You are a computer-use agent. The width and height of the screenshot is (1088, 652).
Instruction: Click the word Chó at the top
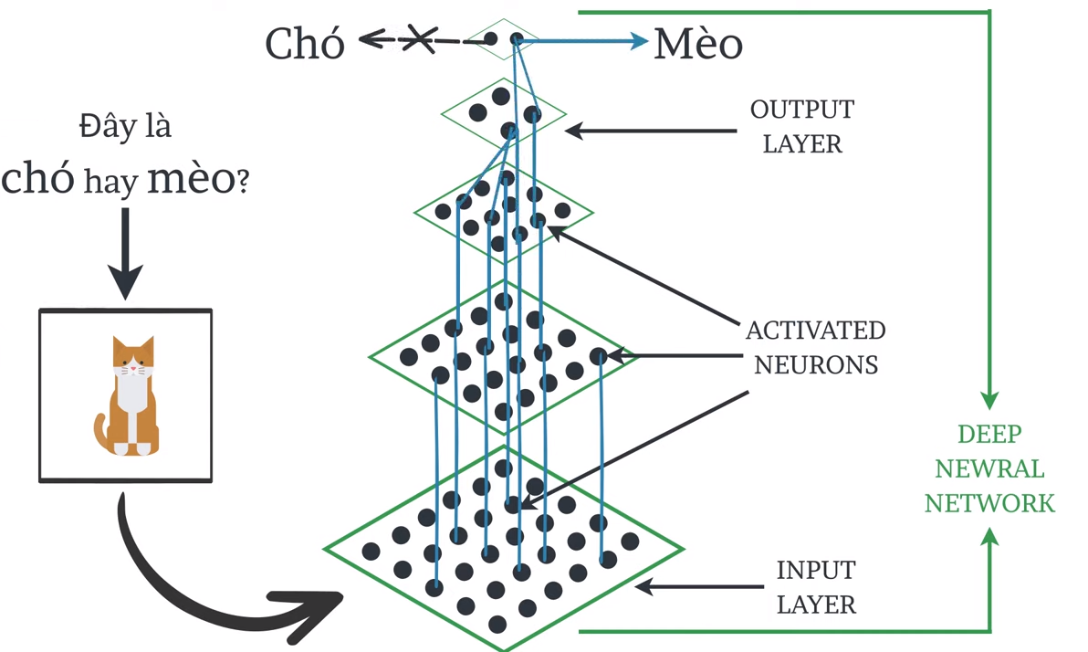click(x=305, y=43)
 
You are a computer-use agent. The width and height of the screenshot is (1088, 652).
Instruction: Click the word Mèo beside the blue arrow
click(x=698, y=44)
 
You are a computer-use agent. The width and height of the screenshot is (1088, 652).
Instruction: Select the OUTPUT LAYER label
click(x=801, y=126)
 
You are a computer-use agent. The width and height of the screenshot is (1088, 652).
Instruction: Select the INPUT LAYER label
click(x=815, y=586)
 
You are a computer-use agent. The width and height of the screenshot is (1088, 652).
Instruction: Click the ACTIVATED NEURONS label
click(x=814, y=347)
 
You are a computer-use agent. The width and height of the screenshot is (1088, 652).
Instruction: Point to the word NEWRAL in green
click(x=989, y=468)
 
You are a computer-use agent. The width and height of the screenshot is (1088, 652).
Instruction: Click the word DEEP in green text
click(x=989, y=435)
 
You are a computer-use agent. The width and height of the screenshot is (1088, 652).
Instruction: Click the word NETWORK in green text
click(x=989, y=502)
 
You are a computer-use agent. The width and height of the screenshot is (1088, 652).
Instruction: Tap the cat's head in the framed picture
click(x=133, y=357)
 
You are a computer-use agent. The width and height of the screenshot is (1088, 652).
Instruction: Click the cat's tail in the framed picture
click(x=100, y=430)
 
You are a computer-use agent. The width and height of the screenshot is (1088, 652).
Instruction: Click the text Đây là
click(x=125, y=126)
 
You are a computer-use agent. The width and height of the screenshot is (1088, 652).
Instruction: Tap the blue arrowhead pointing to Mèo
click(x=636, y=40)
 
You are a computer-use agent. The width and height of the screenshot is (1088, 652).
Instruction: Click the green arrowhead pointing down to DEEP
click(x=989, y=399)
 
